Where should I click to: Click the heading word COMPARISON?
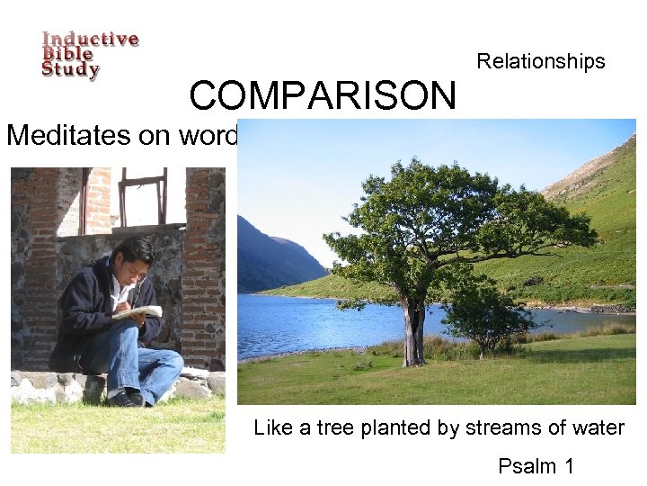[323, 95]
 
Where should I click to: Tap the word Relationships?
[541, 61]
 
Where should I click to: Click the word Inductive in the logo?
[91, 40]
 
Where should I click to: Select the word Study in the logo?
[70, 70]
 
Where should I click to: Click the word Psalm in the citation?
[529, 466]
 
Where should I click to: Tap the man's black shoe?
[126, 397]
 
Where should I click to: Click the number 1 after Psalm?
[569, 466]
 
